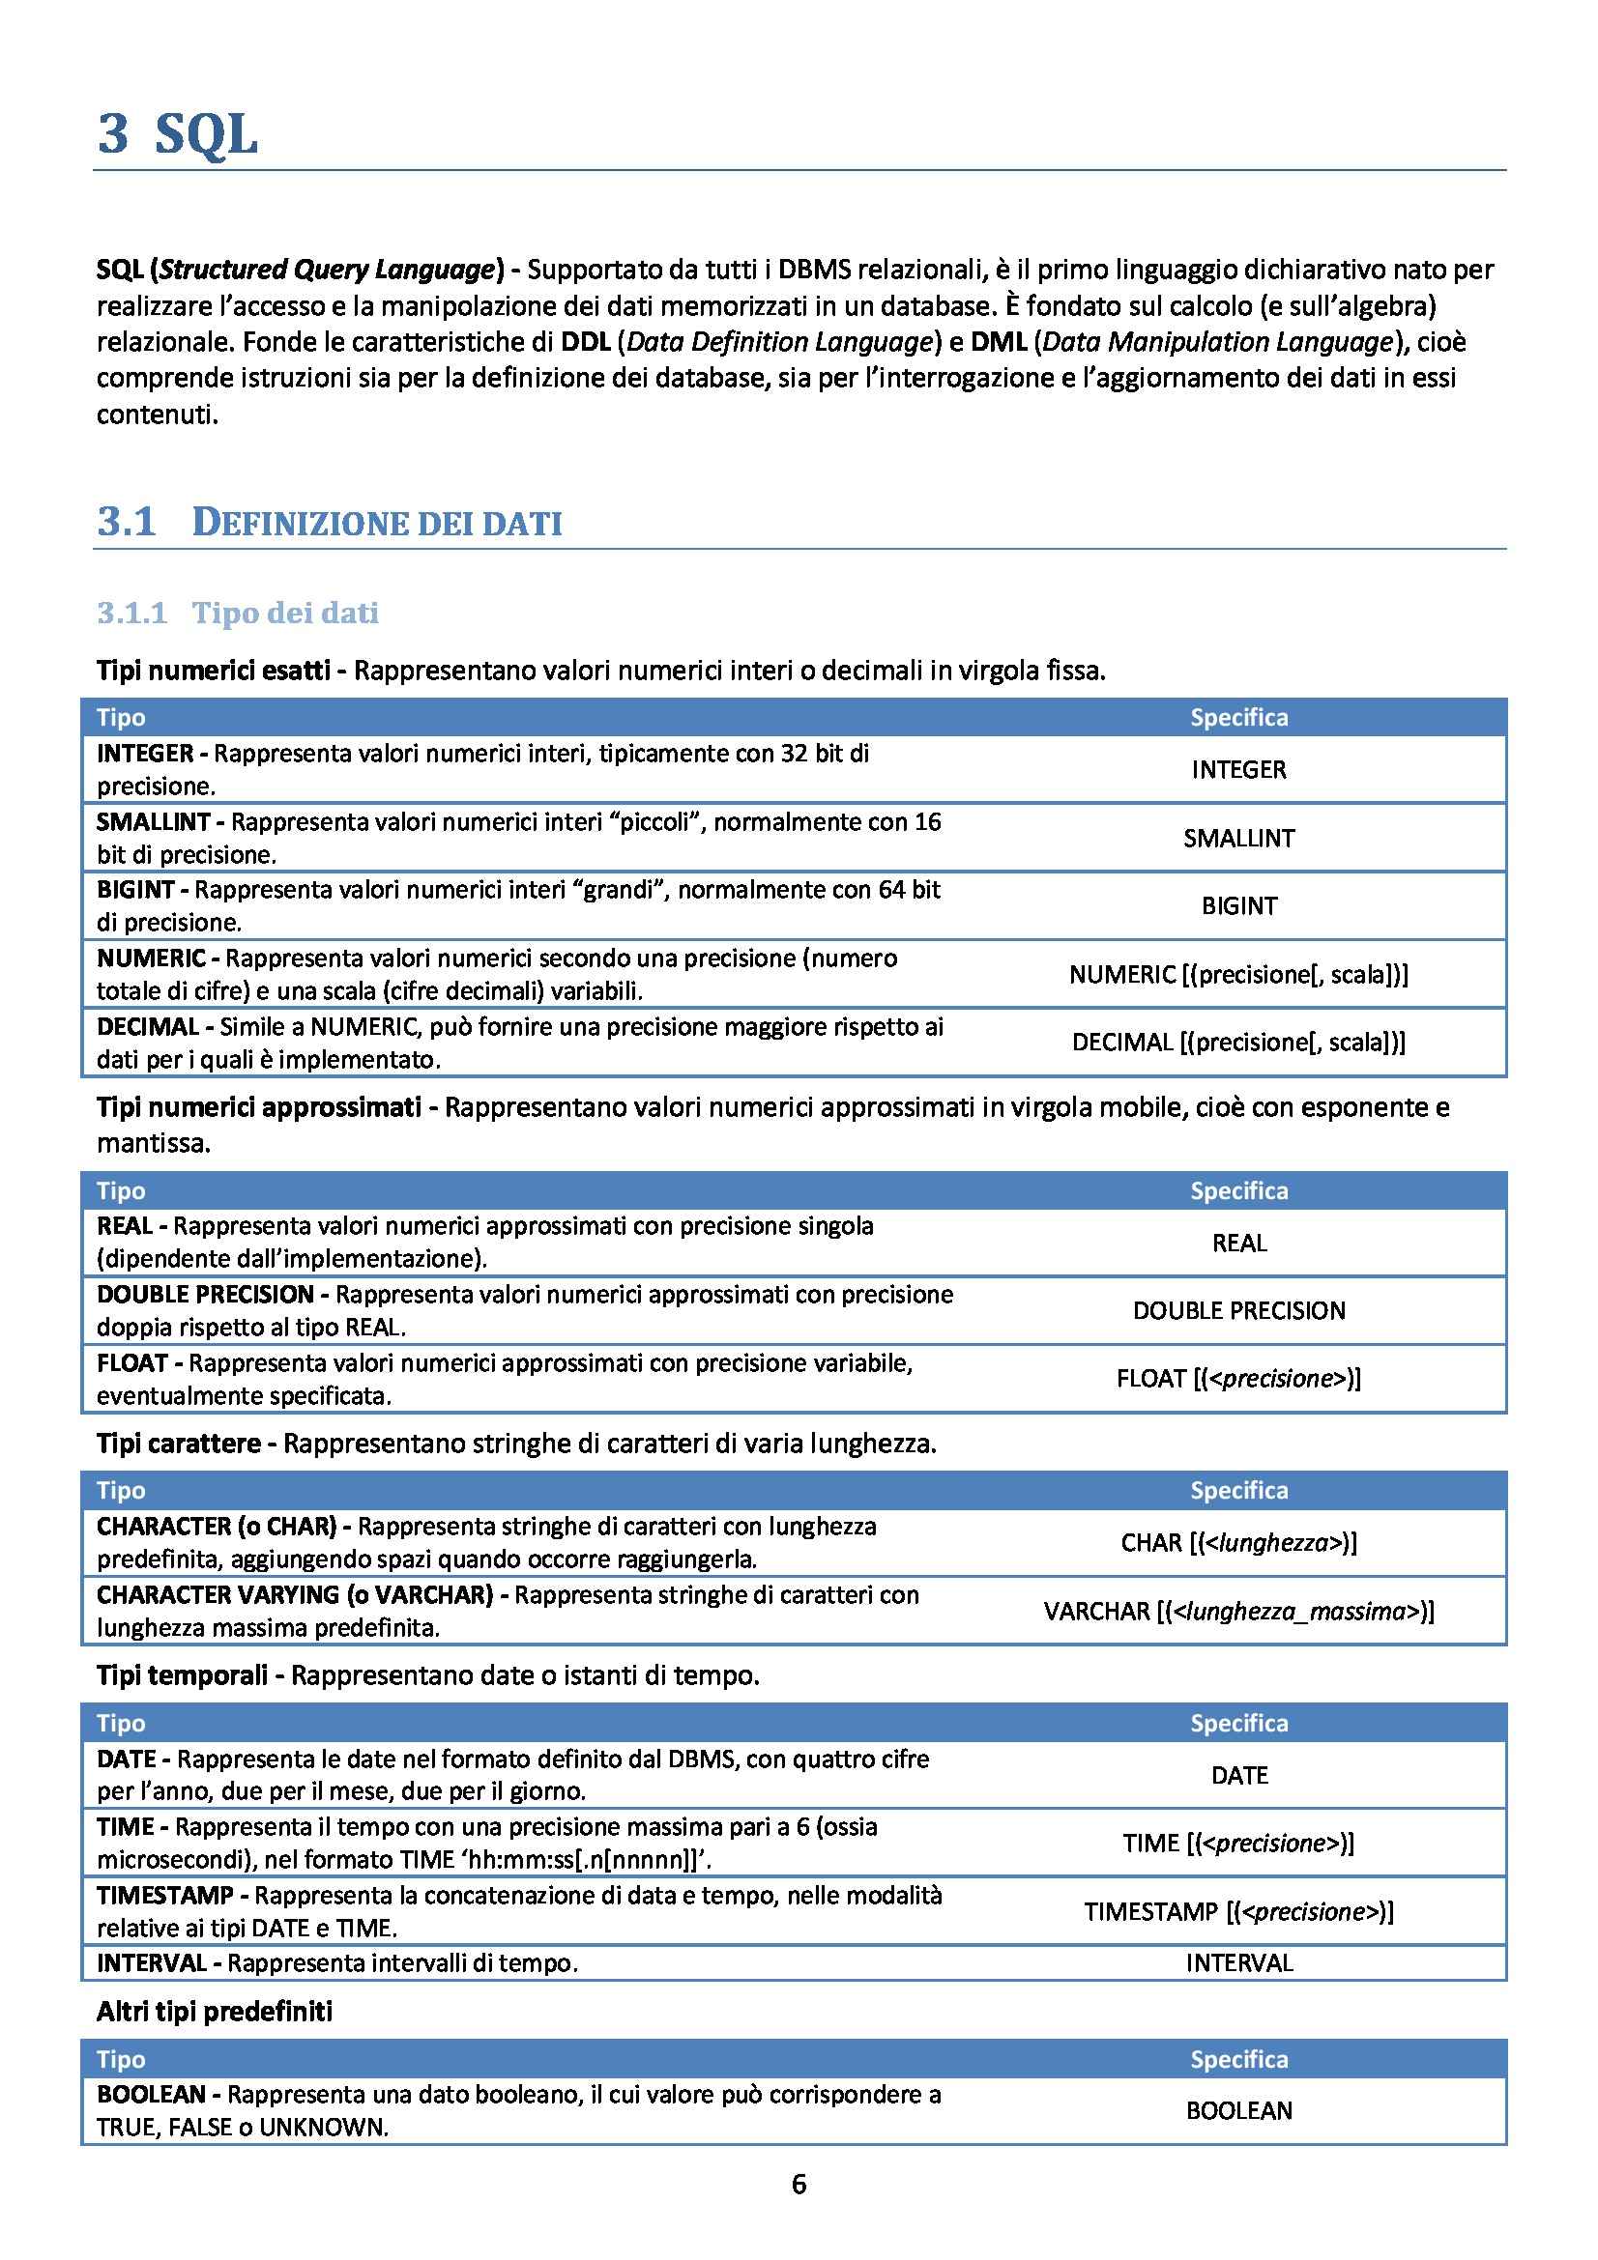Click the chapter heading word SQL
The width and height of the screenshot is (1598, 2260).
point(206,134)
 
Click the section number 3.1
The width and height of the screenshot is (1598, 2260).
point(126,522)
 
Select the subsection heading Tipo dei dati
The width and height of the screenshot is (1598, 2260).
point(284,613)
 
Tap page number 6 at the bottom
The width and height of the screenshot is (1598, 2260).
point(799,2185)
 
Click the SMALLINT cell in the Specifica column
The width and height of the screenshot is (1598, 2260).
point(1238,838)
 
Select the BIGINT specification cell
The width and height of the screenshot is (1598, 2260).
point(1238,905)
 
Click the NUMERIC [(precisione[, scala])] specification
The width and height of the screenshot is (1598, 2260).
point(1238,975)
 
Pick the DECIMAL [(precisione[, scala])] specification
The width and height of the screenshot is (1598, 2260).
point(1238,1043)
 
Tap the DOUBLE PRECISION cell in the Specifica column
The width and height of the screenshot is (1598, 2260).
point(1238,1310)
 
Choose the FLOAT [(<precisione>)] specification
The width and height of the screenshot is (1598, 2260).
point(1238,1379)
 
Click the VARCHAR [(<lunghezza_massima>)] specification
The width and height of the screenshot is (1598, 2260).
point(1238,1612)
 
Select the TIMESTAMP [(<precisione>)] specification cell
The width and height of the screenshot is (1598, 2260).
point(1238,1911)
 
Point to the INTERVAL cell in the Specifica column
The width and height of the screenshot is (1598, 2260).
point(1238,1962)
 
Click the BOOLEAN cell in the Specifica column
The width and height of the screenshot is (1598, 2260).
point(1238,2110)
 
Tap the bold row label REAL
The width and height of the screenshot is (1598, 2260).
point(124,1226)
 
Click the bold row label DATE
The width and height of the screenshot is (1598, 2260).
point(126,1759)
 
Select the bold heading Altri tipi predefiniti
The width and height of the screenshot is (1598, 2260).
point(214,2011)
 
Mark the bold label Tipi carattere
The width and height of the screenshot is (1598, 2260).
point(178,1443)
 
